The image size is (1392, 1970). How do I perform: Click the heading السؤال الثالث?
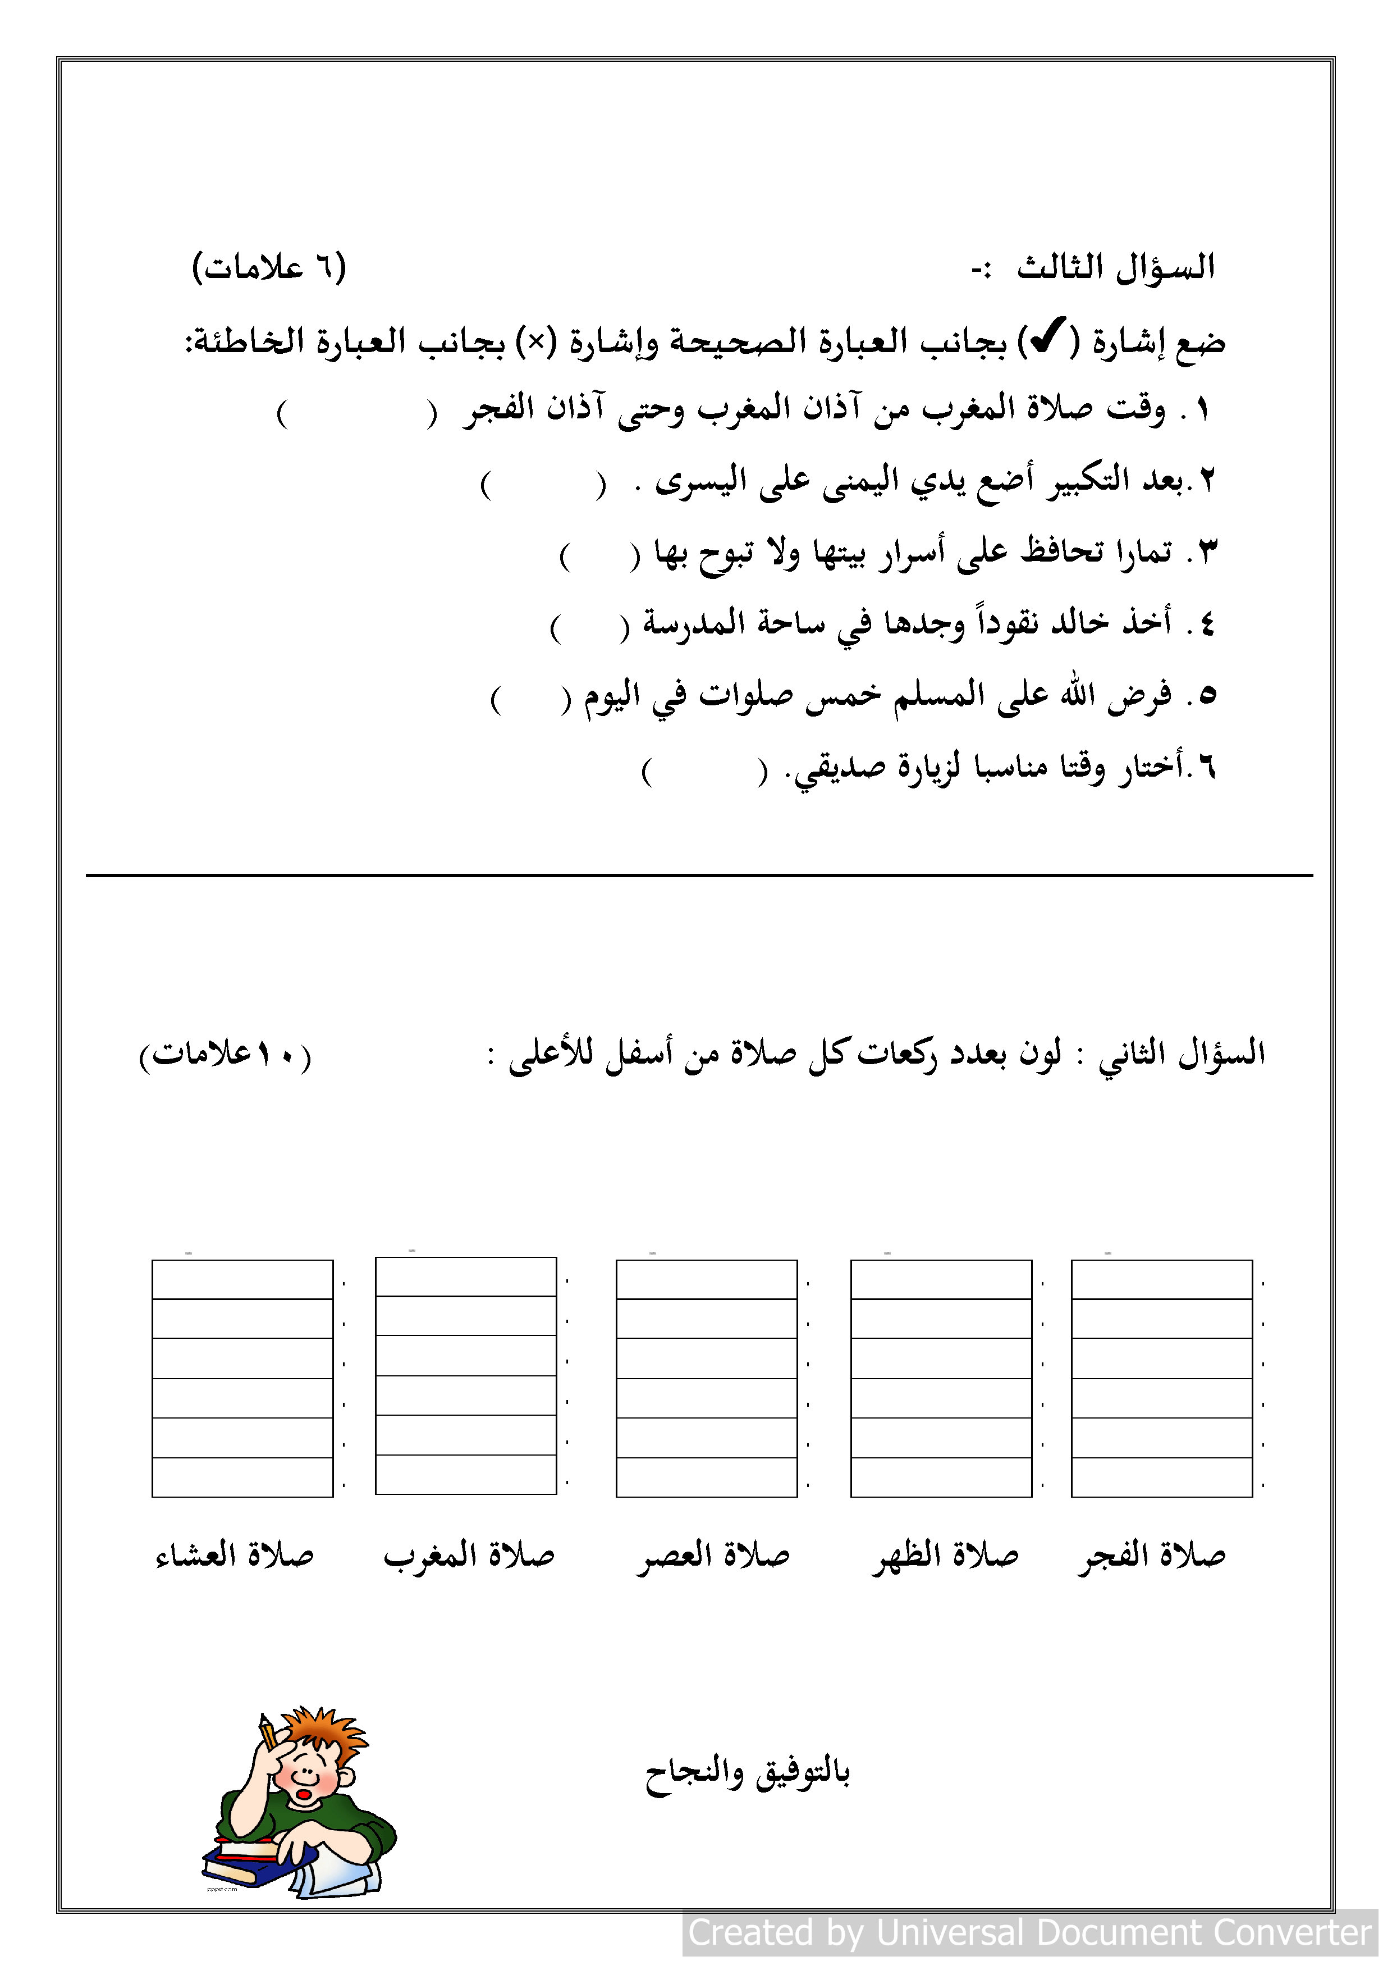[1115, 268]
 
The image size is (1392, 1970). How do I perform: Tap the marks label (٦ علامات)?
[268, 268]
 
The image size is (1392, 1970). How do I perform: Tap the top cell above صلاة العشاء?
[242, 1279]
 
